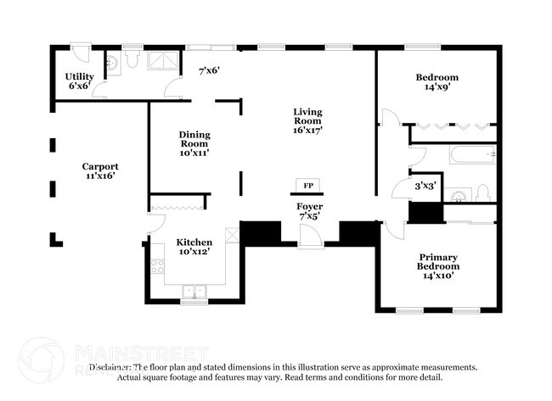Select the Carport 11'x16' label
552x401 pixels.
pos(99,171)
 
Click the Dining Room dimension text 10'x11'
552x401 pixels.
pos(194,153)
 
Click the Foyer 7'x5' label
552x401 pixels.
pos(309,212)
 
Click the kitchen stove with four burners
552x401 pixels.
pos(157,266)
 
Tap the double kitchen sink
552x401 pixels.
pos(194,292)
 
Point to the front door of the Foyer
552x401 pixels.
pos(310,240)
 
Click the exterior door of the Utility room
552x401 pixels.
pos(78,53)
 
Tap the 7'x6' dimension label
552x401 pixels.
pos(208,71)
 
